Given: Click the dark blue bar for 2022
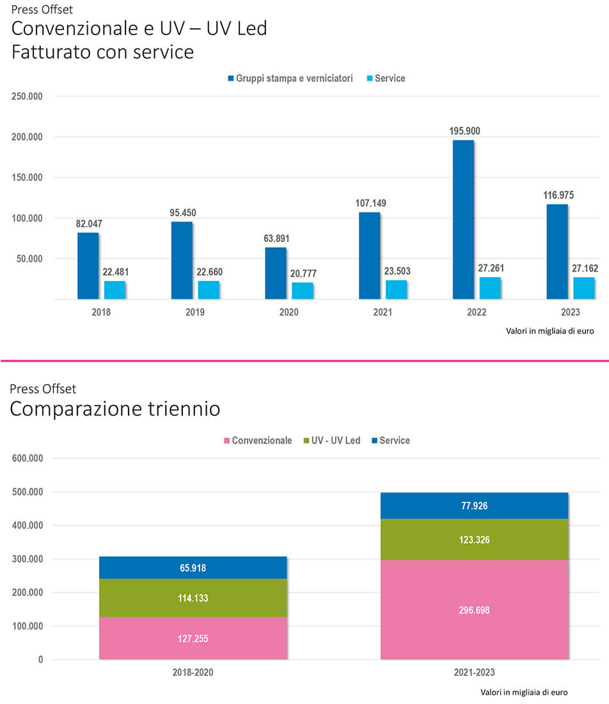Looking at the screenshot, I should coord(463,220).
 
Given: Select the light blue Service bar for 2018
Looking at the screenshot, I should coord(115,290).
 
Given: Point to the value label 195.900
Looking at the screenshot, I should coord(464,131).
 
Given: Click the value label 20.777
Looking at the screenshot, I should coord(303,273).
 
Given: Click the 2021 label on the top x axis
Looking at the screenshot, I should coord(383,312).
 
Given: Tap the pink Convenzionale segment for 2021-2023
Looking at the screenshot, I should coord(474,610).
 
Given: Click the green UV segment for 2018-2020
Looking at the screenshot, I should coord(193,598).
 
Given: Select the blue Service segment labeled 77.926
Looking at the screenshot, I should coord(474,506).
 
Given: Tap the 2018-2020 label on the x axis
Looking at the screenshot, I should coord(193,673).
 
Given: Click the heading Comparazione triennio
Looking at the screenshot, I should coord(115,409).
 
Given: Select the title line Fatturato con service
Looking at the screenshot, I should coord(102,51).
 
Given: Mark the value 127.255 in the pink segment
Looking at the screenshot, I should coord(193,639).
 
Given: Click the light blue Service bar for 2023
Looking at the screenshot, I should coord(584,288).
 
